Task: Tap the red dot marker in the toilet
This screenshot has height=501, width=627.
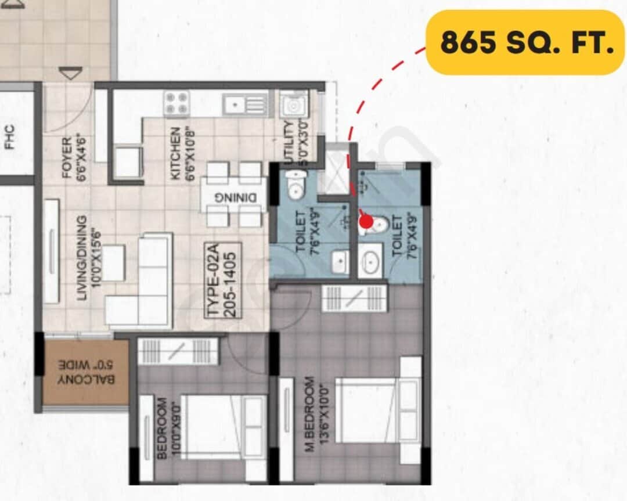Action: click(366, 221)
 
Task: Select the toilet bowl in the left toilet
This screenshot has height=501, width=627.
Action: click(296, 186)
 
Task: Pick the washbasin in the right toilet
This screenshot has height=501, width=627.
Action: click(369, 259)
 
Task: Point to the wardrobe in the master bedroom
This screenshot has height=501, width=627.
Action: click(354, 298)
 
